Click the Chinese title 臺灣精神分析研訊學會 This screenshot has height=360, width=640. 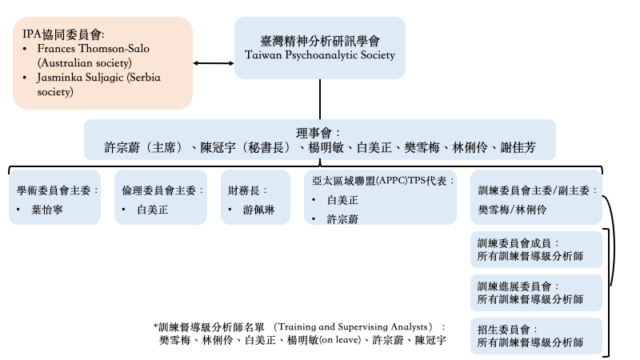(319, 41)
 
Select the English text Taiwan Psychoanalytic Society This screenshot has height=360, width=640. (319, 56)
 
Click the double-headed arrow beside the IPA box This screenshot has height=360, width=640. (214, 63)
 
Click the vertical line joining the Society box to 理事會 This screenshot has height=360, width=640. (320, 101)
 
